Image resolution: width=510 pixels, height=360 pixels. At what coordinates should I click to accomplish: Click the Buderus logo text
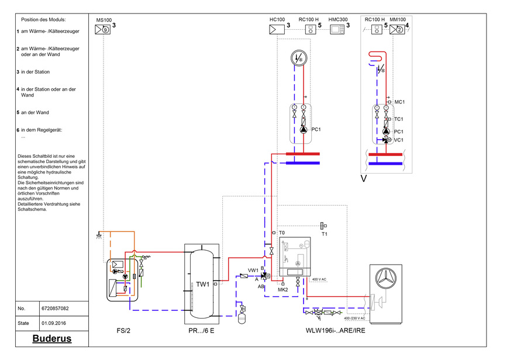click(x=51, y=339)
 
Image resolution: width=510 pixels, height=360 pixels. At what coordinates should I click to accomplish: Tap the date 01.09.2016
click(x=54, y=321)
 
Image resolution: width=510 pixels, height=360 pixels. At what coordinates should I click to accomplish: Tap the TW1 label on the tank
click(x=203, y=285)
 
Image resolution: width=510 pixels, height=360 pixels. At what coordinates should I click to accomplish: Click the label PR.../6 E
click(x=201, y=331)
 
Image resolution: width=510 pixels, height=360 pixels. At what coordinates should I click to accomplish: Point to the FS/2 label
click(x=123, y=331)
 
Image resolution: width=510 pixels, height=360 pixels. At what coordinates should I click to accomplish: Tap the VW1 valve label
click(x=253, y=270)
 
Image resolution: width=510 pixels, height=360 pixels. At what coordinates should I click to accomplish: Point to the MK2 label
click(x=282, y=289)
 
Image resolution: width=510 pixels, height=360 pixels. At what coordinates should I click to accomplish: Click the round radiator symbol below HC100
click(x=298, y=59)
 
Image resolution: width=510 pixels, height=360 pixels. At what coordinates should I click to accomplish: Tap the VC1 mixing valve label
click(x=399, y=140)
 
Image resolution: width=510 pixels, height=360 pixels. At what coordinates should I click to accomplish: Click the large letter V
click(x=364, y=178)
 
